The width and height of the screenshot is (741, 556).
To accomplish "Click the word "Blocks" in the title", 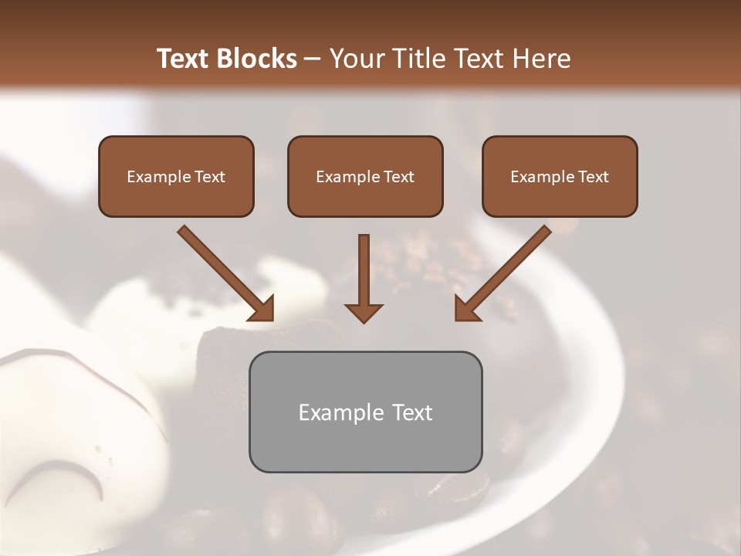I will point(256,59).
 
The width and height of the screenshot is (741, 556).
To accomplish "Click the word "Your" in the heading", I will point(355,59).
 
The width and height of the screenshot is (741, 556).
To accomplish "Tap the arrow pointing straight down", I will point(364,278).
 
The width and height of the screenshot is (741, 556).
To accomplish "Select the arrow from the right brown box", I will point(502,273).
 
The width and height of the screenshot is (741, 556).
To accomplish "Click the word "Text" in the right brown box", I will point(594,177).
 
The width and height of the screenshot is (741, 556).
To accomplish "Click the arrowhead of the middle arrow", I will point(364,312).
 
